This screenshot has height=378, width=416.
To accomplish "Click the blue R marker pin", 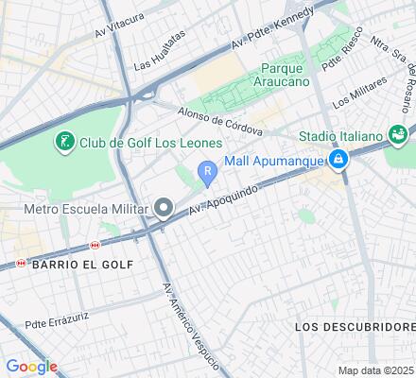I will pos(207,171).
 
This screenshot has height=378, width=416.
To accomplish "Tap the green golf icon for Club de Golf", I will pos(64,143).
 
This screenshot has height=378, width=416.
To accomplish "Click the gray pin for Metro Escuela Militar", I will pos(165,208).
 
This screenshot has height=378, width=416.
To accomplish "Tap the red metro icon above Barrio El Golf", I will pos(93,246).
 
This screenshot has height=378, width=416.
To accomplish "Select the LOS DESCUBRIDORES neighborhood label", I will pos(355,326).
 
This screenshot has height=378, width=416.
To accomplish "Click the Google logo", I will pos(31,367).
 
